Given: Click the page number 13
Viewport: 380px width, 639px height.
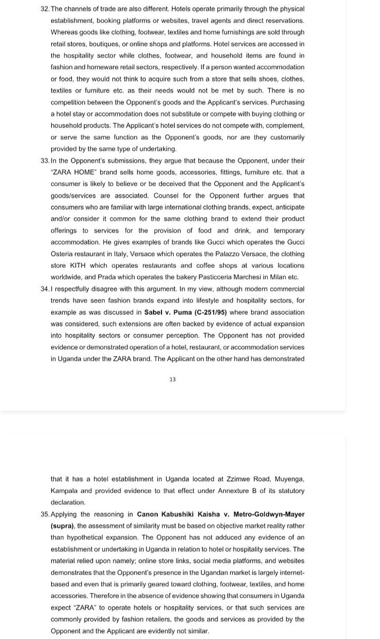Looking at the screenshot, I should [173, 379].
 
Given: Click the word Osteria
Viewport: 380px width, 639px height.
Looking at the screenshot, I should [65, 253].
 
